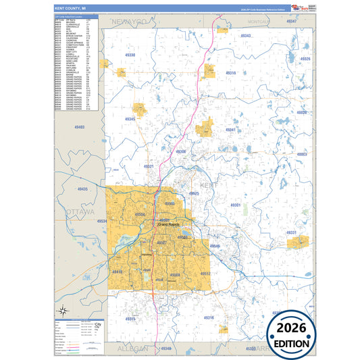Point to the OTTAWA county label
coord(80,211)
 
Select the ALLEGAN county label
coord(127,349)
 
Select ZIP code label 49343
coord(246,36)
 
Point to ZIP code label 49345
coord(130,119)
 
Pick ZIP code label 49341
coord(230,129)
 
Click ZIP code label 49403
coord(80,127)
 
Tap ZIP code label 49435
coord(82,190)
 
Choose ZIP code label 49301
coord(236,205)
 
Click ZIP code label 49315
coord(130,318)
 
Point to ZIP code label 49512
coord(205,274)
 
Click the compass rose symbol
coord(63,311)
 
